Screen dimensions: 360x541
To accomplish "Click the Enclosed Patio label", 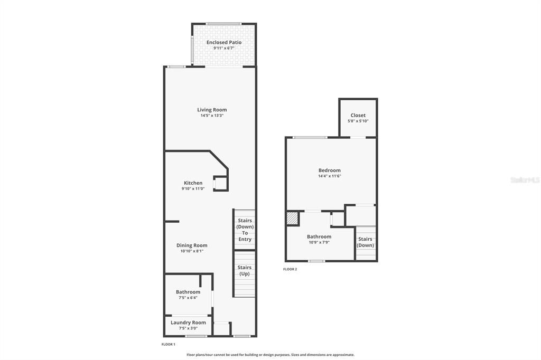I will [x=223, y=42].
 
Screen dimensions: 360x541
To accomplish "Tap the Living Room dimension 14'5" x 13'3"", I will [x=212, y=116].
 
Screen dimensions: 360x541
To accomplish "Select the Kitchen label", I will [x=193, y=183].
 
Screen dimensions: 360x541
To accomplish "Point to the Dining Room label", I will [x=192, y=245].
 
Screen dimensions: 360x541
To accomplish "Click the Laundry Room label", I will [x=188, y=323].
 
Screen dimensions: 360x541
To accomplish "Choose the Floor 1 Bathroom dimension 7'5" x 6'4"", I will [x=188, y=298].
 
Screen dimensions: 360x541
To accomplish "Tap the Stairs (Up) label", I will [x=244, y=270].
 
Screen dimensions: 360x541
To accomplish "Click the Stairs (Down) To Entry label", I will [x=245, y=230].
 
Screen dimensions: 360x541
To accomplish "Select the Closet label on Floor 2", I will [x=358, y=115].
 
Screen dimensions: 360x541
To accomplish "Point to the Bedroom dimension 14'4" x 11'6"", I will [x=329, y=176].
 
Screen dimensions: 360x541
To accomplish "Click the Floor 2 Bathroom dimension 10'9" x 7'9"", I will [x=319, y=242].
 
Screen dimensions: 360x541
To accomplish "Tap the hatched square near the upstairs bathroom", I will [x=292, y=218].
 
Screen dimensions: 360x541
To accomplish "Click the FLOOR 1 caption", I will [x=168, y=344].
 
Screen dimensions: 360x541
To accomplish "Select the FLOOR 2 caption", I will [x=290, y=269].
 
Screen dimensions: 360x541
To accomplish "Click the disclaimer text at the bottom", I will [x=270, y=355].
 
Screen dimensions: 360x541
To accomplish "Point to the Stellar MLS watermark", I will [x=525, y=180].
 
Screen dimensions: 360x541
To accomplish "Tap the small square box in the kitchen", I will [x=220, y=183].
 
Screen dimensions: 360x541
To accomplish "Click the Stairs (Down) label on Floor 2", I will [x=365, y=242].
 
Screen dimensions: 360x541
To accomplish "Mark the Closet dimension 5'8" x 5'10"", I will [x=358, y=121].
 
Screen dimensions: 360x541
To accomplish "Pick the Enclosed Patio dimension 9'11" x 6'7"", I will [x=223, y=48].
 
